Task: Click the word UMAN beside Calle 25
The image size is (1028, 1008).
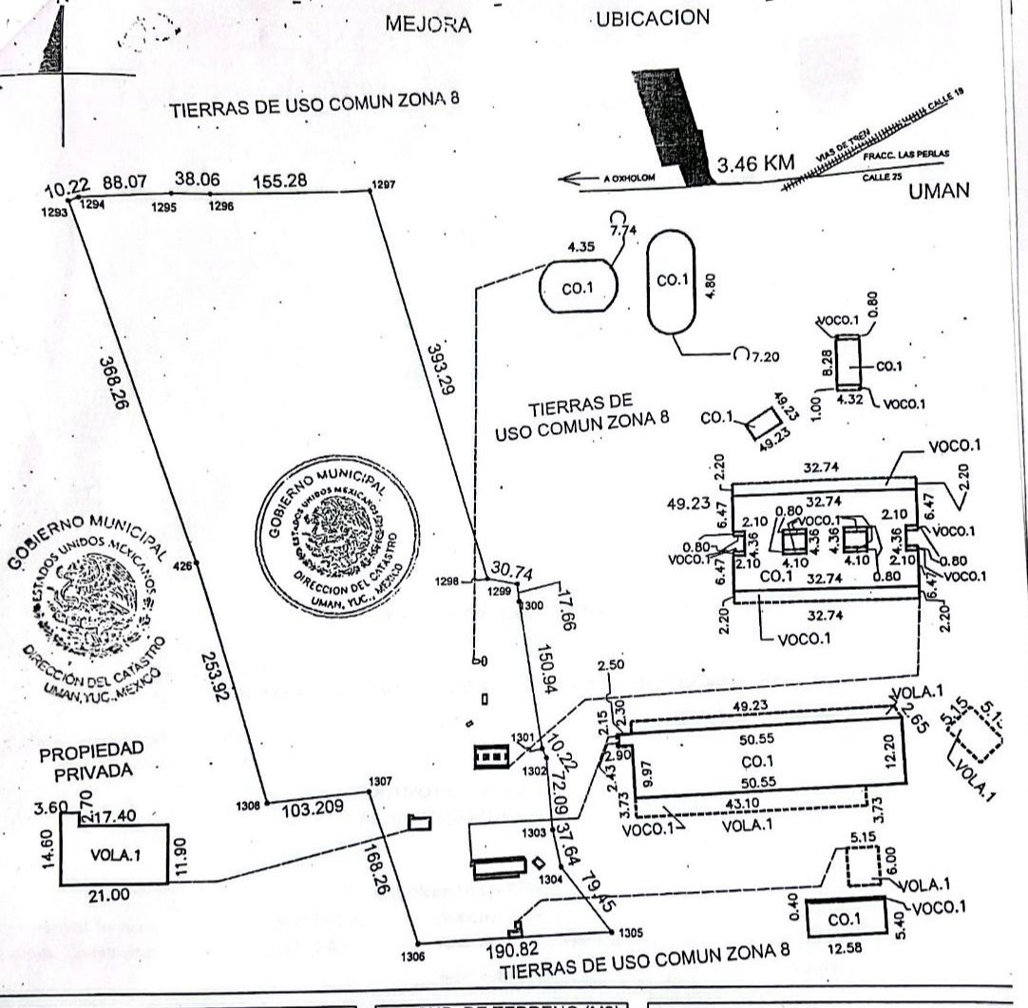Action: pos(938,190)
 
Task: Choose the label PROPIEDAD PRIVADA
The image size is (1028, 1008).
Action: pos(84,760)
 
